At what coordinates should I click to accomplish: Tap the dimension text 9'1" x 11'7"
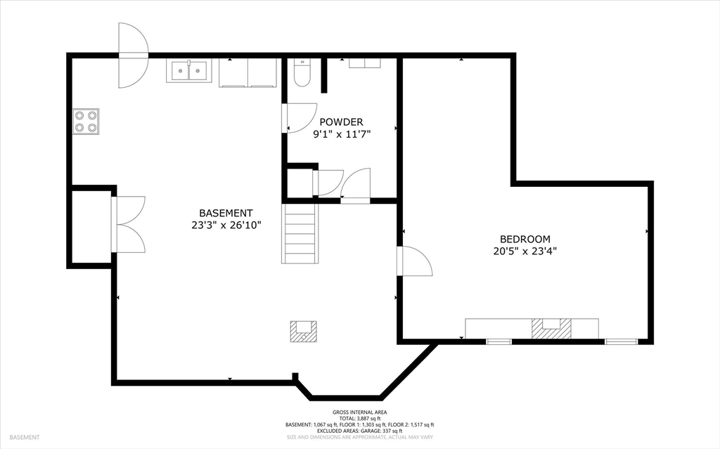pyautogui.click(x=342, y=134)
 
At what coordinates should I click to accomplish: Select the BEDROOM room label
pyautogui.click(x=525, y=239)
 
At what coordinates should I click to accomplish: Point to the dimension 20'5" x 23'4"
pyautogui.click(x=525, y=251)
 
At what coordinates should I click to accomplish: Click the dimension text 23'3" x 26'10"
pyautogui.click(x=226, y=225)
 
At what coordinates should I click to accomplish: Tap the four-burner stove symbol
pyautogui.click(x=85, y=121)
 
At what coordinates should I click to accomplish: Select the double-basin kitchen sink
pyautogui.click(x=188, y=71)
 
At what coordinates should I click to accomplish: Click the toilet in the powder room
pyautogui.click(x=302, y=73)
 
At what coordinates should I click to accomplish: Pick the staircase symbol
pyautogui.click(x=300, y=233)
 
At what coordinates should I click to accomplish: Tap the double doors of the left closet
pyautogui.click(x=129, y=225)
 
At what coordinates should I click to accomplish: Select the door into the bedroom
pyautogui.click(x=413, y=261)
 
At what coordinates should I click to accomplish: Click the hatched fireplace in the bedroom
pyautogui.click(x=551, y=328)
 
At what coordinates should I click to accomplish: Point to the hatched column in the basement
pyautogui.click(x=304, y=331)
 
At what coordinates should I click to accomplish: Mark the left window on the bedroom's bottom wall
pyautogui.click(x=499, y=341)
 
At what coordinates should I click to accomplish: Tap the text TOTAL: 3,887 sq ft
pyautogui.click(x=359, y=418)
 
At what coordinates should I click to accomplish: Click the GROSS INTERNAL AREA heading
pyautogui.click(x=359, y=412)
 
